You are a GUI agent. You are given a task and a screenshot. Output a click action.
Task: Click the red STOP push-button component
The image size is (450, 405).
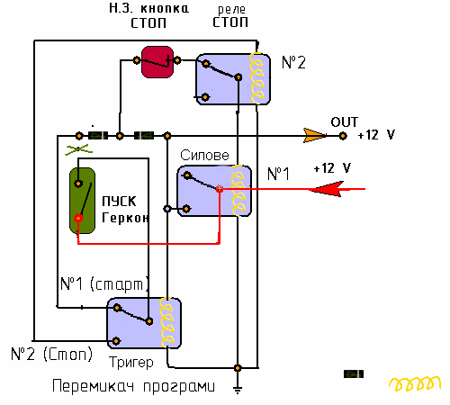157,62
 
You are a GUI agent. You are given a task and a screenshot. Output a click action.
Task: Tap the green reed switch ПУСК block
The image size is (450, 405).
82,201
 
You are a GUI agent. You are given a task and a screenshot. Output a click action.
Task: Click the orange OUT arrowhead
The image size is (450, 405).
314,135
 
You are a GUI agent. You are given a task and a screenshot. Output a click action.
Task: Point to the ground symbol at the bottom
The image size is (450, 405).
238,389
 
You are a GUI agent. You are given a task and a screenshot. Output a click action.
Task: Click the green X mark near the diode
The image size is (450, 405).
78,149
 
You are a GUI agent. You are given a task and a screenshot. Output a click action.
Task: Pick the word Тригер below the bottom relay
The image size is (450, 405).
131,363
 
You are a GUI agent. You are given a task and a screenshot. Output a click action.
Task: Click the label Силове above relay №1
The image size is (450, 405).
204,155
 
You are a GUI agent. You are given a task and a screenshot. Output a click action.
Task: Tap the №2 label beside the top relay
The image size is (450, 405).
293,62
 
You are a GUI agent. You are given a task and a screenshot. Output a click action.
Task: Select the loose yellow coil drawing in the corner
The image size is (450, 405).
415,383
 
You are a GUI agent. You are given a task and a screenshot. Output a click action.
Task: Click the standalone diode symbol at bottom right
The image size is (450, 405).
354,374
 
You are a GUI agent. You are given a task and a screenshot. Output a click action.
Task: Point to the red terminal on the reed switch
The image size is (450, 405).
78,218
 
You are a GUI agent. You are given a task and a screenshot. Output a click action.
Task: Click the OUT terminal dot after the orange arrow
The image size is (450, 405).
343,136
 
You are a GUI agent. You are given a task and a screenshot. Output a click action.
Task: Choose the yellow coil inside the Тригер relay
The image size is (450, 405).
166,322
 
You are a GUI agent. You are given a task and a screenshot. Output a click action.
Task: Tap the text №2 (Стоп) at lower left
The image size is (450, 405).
51,355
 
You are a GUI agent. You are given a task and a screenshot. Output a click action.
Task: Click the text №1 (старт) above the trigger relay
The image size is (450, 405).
104,283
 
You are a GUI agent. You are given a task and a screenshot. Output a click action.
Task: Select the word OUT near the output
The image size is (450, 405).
345,122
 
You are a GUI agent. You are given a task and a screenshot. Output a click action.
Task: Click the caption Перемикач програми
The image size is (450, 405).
134,386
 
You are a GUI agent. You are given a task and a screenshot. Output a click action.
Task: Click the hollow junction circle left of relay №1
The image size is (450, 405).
167,209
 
